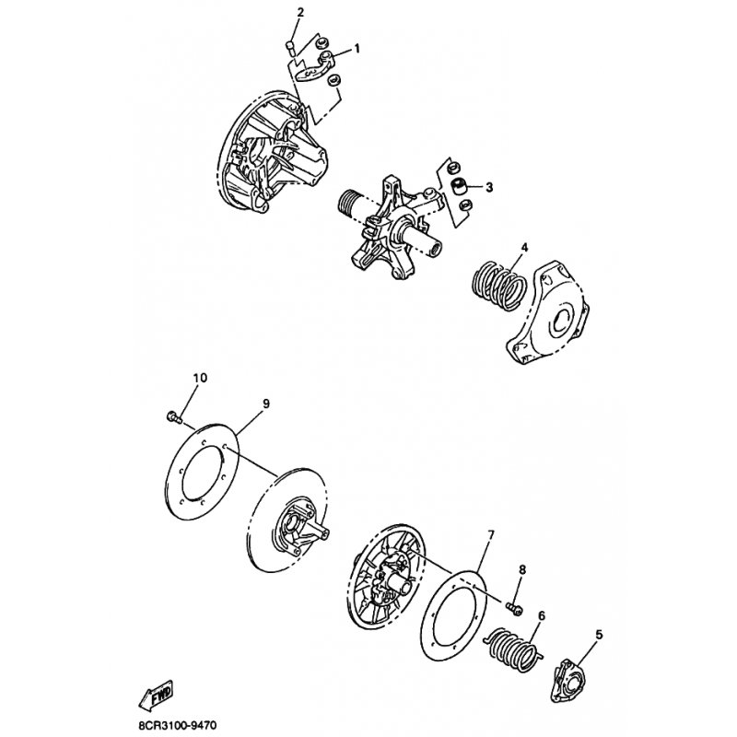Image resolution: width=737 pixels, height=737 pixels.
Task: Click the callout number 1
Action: point(357,49)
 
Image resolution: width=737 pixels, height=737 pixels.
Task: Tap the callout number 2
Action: point(300,12)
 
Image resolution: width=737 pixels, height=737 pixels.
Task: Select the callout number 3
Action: point(489,187)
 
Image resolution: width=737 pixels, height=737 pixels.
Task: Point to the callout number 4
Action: point(524,247)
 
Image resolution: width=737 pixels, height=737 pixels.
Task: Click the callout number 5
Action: point(598,635)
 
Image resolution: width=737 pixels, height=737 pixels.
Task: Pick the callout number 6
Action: point(542,615)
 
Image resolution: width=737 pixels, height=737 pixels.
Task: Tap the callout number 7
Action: point(491,535)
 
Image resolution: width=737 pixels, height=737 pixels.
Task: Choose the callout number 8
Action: point(522,569)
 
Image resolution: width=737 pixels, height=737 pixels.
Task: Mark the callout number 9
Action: point(265,404)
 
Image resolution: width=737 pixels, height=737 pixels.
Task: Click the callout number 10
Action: point(200,378)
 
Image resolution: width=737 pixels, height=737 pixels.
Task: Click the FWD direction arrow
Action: point(156,695)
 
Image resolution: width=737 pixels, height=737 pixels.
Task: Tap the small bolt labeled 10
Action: point(174,417)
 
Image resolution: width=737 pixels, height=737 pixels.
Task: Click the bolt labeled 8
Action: point(514,608)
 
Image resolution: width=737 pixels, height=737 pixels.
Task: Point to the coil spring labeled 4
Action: point(498,287)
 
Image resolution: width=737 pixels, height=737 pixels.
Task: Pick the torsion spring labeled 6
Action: point(513,649)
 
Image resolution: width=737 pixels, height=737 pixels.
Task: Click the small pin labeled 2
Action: point(290,48)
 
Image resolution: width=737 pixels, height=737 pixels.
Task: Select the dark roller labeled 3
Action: point(458,186)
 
